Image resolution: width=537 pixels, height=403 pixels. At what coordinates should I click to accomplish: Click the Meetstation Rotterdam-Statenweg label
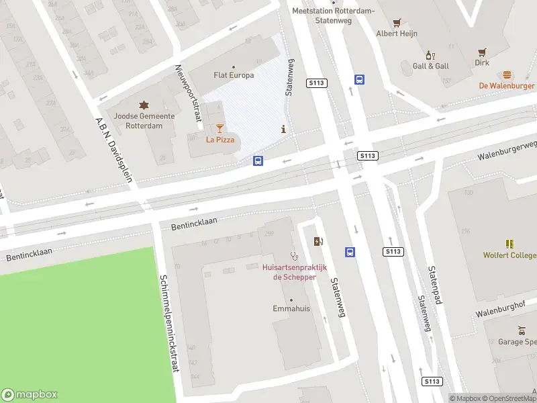point(324,15)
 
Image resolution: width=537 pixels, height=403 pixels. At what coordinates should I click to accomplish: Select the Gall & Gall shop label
point(430,66)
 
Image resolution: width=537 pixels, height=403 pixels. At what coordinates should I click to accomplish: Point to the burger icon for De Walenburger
point(507,75)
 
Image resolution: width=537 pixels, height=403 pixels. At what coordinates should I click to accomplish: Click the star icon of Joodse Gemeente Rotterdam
point(143,105)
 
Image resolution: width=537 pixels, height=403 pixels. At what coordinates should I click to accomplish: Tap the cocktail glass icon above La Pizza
point(219,128)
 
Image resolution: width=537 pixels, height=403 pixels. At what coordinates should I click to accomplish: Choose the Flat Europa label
point(233,75)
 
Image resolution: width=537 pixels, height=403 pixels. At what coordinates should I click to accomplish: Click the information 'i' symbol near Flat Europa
point(284,129)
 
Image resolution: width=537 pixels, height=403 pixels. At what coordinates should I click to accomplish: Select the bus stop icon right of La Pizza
point(258,161)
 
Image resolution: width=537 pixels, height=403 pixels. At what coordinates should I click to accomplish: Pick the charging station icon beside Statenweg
point(318,241)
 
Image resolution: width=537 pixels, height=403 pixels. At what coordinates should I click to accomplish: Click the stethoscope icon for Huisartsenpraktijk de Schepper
point(293,255)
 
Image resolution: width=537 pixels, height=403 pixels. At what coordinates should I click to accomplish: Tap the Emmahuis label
point(291,309)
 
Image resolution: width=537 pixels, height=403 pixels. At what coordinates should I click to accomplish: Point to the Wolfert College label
point(509,255)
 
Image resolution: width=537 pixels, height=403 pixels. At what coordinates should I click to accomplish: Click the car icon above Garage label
point(522,330)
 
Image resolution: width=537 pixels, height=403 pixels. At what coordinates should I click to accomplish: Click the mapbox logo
point(30,395)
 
